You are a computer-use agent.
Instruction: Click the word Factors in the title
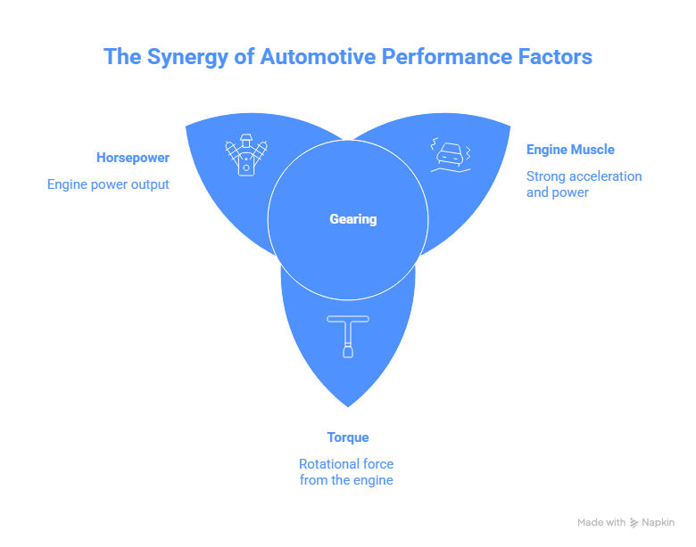click(554, 57)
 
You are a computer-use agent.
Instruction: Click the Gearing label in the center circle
click(353, 219)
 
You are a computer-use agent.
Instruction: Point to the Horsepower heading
click(133, 158)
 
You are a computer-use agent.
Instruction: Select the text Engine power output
click(108, 184)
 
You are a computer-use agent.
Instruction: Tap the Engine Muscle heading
click(570, 150)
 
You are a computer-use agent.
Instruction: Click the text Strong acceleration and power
click(583, 184)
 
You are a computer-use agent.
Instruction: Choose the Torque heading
click(348, 437)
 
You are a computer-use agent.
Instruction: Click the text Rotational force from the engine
click(346, 472)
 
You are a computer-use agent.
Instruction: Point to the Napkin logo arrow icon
click(634, 523)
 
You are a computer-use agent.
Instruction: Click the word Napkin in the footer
click(658, 523)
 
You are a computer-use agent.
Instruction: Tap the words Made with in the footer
click(601, 523)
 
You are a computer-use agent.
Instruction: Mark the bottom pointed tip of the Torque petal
click(348, 407)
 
